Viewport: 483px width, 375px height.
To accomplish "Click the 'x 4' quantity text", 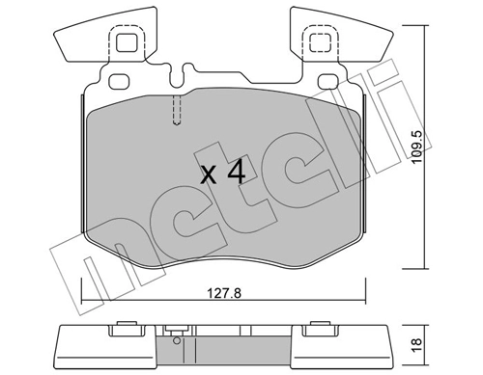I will click(219, 174).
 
